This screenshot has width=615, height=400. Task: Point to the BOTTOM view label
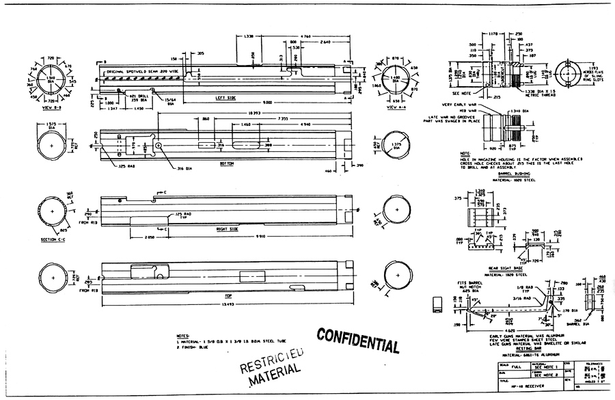(226, 164)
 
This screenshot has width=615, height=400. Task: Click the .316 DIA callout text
(167, 168)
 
